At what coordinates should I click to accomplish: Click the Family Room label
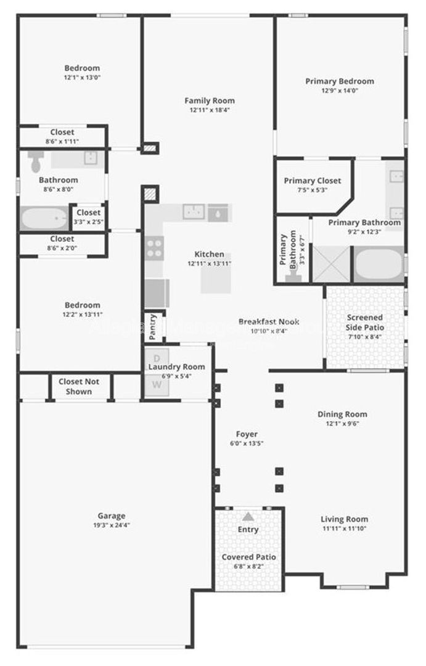[x=210, y=101]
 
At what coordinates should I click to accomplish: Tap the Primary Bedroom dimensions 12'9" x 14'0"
[x=340, y=90]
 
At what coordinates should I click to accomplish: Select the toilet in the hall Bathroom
[x=36, y=162]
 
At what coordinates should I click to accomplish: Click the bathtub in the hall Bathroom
[x=44, y=218]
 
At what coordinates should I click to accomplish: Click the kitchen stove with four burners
[x=154, y=248]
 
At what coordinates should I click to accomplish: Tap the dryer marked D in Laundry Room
[x=157, y=358]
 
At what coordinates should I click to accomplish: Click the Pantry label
[x=153, y=327]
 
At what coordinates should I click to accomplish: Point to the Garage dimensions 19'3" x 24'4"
[x=111, y=525]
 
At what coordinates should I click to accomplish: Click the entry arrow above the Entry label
[x=248, y=517]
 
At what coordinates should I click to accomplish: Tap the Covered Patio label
[x=248, y=557]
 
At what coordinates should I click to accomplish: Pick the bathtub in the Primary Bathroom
[x=378, y=265]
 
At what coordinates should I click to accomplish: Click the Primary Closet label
[x=312, y=181]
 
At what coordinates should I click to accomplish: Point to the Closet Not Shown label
[x=79, y=386]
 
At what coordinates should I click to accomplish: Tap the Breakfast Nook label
[x=269, y=322]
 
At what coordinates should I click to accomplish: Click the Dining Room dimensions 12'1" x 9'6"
[x=342, y=424]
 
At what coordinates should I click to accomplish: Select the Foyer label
[x=247, y=434]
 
